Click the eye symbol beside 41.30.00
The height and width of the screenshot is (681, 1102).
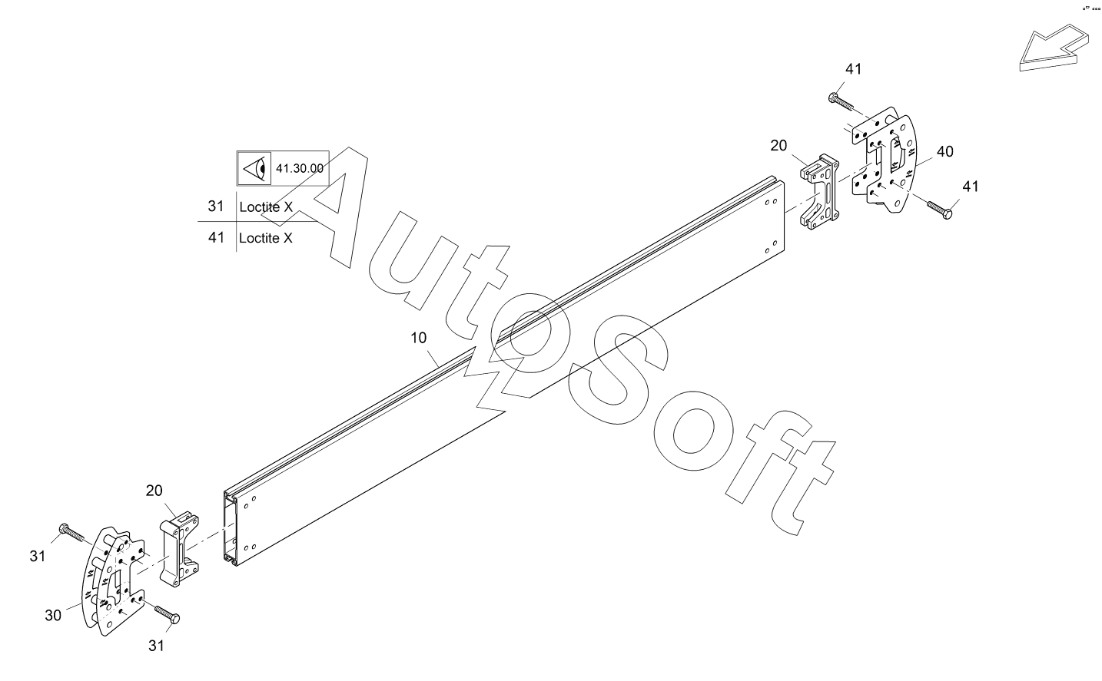(x=254, y=168)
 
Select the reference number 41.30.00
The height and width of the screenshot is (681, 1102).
(x=299, y=168)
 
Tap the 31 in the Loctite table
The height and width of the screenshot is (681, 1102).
(x=216, y=207)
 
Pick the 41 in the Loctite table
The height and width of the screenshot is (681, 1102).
(x=216, y=238)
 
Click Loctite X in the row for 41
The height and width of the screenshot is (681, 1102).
(x=266, y=238)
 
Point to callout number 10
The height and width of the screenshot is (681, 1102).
(x=420, y=338)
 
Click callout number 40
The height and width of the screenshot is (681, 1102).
(x=944, y=152)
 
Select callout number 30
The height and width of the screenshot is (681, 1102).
(x=52, y=615)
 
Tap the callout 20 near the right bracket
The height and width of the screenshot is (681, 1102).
(x=778, y=145)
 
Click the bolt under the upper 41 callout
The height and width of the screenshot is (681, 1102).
(x=841, y=101)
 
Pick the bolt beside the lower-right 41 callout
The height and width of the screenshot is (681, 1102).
(x=939, y=209)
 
